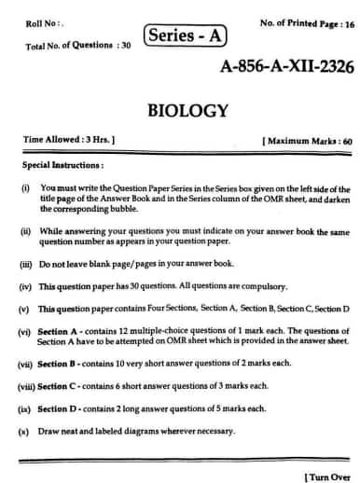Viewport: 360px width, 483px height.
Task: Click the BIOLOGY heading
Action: point(187,111)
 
